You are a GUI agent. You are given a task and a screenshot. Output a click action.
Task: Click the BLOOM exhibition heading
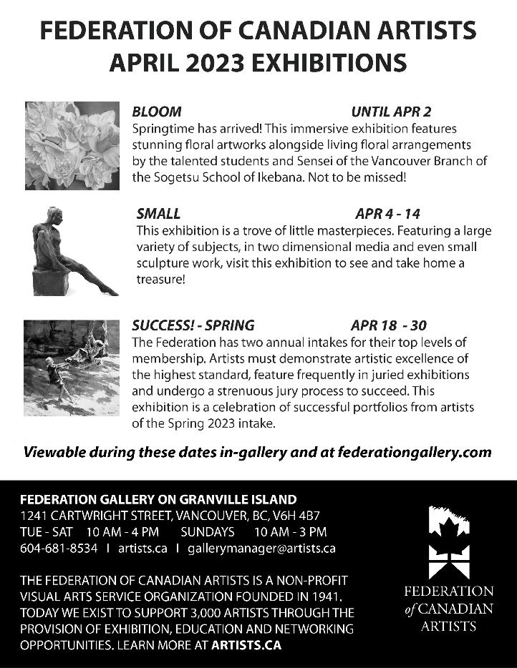pos(157,112)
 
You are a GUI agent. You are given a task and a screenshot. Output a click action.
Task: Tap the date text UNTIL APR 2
pos(391,112)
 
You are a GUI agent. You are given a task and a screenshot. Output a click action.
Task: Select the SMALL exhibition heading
pos(158,213)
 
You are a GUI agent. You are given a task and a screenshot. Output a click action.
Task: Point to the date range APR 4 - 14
pos(387,213)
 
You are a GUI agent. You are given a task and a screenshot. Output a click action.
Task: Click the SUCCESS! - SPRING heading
pos(193,324)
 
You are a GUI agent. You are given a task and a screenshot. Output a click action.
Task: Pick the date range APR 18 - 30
pos(389,324)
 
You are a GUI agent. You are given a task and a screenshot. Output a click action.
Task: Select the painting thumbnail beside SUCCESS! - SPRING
pos(72,368)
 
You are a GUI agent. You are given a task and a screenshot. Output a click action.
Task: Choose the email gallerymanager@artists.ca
pos(261,549)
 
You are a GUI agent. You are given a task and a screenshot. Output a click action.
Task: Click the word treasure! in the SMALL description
pos(161,280)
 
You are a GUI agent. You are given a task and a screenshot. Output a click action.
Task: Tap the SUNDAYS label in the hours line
pos(207,531)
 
